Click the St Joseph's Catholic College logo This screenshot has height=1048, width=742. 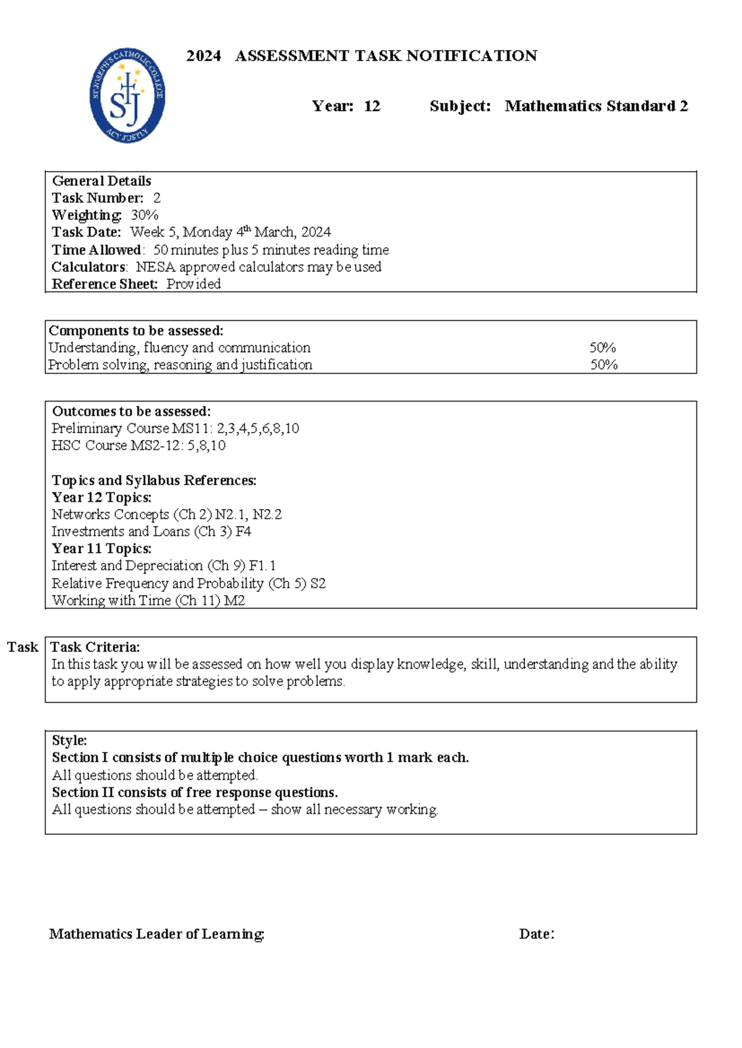point(127,95)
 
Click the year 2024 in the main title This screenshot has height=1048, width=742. point(203,56)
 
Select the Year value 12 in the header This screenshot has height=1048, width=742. point(372,106)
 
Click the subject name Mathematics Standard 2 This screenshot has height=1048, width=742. point(596,106)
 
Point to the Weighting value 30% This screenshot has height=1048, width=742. point(145,215)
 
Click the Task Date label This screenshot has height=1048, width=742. point(87,232)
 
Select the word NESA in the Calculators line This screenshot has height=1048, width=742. point(155,267)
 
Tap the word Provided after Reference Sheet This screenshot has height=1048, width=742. point(194,284)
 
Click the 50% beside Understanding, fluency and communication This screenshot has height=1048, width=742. point(602,348)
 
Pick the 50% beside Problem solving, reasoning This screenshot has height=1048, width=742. point(603,365)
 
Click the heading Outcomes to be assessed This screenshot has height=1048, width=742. point(131,412)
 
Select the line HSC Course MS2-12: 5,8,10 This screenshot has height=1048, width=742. point(139,446)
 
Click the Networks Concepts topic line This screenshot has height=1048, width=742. point(166,515)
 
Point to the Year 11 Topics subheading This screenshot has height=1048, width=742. point(101,549)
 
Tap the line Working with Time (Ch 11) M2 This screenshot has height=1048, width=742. point(148,601)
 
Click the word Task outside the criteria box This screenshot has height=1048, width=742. point(22,647)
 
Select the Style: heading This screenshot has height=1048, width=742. point(69,740)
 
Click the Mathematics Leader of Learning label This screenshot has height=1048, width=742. point(157,934)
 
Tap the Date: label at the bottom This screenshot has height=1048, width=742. point(536,934)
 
